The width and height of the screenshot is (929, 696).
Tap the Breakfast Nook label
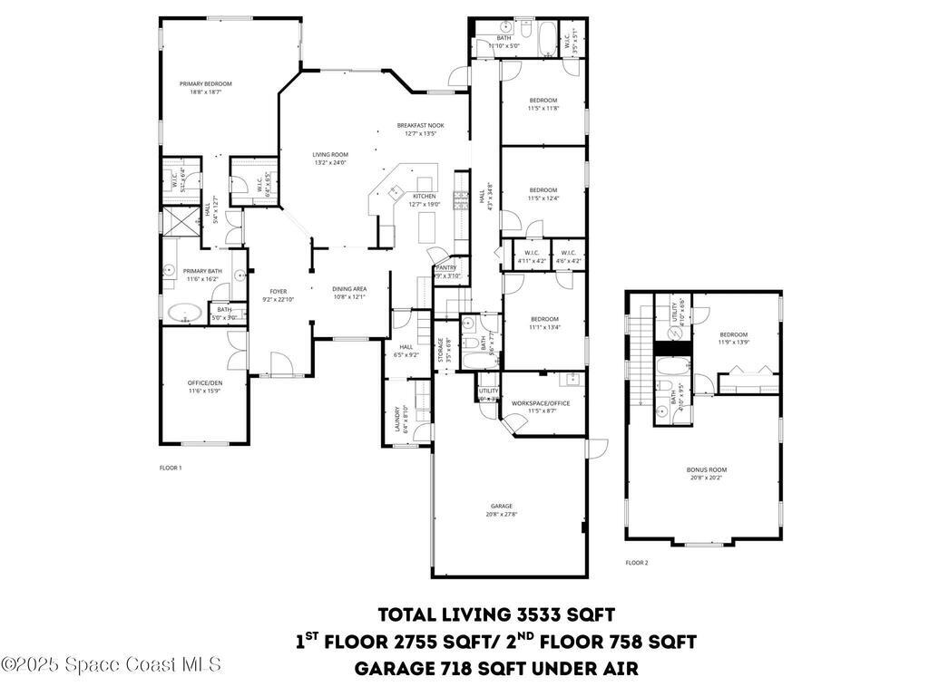point(420,125)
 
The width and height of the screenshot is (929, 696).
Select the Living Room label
point(330,155)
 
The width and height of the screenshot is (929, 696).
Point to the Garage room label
point(502,506)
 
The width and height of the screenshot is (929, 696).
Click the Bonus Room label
point(707,469)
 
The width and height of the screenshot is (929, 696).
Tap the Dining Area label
point(349,288)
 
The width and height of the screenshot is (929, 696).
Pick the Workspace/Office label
point(541,402)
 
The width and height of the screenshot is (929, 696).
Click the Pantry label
point(446,267)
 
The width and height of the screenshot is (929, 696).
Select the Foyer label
point(279,291)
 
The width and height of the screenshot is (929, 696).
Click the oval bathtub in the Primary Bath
point(186,314)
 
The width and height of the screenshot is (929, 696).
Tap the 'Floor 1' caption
point(171,468)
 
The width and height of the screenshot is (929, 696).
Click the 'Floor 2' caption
point(637,563)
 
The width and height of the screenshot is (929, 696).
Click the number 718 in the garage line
point(429,669)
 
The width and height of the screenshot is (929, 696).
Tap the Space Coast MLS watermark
point(111,664)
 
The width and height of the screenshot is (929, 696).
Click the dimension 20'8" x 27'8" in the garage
point(502,515)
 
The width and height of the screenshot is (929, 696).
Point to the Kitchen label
point(425,196)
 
